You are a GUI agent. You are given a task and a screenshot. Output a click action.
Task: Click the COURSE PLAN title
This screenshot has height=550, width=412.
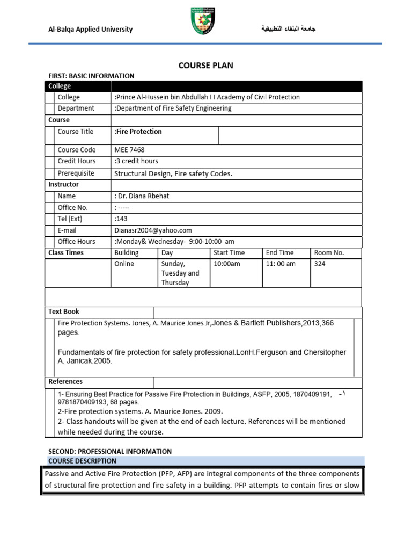tap(206, 66)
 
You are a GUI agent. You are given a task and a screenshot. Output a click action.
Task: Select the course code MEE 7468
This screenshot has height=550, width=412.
tap(129, 150)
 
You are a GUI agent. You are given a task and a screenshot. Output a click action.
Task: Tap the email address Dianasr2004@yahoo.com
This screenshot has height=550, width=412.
tap(153, 230)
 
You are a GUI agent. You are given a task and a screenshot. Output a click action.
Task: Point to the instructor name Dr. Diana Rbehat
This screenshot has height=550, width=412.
tap(142, 196)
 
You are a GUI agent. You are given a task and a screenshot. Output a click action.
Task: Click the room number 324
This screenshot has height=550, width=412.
tap(320, 264)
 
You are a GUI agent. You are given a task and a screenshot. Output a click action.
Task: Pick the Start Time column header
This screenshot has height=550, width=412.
tap(229, 252)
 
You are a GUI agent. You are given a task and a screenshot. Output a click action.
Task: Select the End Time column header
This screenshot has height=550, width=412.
tap(280, 252)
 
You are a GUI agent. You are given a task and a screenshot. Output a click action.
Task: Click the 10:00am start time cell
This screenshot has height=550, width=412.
tap(227, 264)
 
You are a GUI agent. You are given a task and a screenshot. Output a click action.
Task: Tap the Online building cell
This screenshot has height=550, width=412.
tap(124, 264)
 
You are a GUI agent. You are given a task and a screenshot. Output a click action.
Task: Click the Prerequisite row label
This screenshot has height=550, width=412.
tap(76, 173)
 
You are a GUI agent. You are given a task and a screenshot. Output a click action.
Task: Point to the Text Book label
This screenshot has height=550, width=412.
tap(64, 312)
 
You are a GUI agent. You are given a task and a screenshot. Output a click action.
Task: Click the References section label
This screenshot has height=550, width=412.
tap(65, 381)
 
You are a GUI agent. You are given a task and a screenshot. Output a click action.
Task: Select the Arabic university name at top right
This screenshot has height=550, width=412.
tap(288, 28)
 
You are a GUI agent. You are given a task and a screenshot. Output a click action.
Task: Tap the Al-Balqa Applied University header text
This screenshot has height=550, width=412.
tap(91, 29)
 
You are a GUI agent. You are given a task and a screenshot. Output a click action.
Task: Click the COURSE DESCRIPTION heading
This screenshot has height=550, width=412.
tap(82, 461)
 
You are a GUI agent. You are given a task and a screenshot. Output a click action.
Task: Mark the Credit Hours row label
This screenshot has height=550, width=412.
tap(77, 161)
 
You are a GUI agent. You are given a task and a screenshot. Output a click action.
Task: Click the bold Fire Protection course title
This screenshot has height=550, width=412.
tap(138, 132)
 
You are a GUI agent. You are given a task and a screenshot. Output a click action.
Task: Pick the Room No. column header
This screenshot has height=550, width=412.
tap(329, 252)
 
